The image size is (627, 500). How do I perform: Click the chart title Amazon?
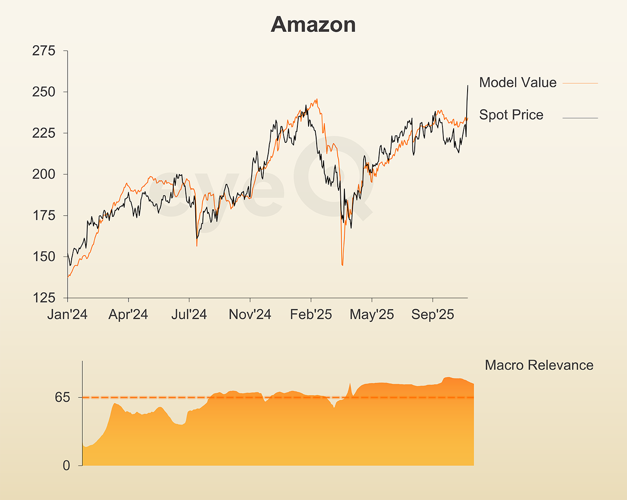pyautogui.click(x=313, y=25)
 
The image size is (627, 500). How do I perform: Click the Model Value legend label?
pyautogui.click(x=518, y=82)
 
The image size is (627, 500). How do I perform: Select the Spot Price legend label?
pyautogui.click(x=511, y=115)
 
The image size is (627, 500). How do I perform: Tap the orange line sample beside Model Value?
pyautogui.click(x=580, y=83)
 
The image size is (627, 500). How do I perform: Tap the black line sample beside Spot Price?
pyautogui.click(x=580, y=118)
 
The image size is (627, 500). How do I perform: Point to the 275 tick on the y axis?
pyautogui.click(x=43, y=51)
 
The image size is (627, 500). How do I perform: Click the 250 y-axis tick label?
pyautogui.click(x=43, y=92)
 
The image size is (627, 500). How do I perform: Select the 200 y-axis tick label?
pyautogui.click(x=43, y=175)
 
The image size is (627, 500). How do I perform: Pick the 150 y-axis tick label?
pyautogui.click(x=43, y=257)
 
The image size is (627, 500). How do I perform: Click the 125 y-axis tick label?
pyautogui.click(x=43, y=298)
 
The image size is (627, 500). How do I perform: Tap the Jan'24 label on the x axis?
pyautogui.click(x=67, y=315)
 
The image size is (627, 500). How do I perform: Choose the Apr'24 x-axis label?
pyautogui.click(x=128, y=315)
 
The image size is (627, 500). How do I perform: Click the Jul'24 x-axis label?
pyautogui.click(x=189, y=315)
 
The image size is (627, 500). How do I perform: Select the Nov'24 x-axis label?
pyautogui.click(x=250, y=315)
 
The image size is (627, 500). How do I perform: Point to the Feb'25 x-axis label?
pyautogui.click(x=311, y=315)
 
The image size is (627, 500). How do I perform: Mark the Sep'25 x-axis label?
pyautogui.click(x=433, y=315)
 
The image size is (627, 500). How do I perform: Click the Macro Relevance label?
pyautogui.click(x=539, y=365)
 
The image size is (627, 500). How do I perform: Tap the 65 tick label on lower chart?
pyautogui.click(x=63, y=397)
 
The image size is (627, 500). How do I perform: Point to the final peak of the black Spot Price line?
pyautogui.click(x=468, y=85)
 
